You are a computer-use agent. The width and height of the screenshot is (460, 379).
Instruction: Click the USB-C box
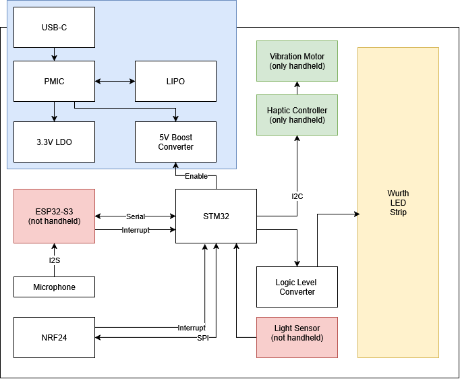click(54, 27)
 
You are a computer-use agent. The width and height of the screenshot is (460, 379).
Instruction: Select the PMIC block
click(54, 81)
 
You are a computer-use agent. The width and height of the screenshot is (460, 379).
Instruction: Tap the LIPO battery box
click(175, 81)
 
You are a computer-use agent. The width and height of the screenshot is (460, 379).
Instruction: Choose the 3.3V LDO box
click(54, 142)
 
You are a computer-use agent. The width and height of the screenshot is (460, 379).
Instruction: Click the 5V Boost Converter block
click(175, 142)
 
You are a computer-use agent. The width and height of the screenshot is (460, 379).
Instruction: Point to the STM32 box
click(216, 216)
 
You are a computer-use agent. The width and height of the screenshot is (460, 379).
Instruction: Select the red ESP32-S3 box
click(54, 216)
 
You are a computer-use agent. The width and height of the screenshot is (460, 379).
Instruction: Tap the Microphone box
click(54, 287)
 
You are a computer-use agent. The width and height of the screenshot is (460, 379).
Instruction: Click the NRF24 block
click(54, 337)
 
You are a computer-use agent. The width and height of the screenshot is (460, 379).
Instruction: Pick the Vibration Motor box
click(297, 61)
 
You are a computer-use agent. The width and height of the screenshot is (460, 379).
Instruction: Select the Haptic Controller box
click(297, 115)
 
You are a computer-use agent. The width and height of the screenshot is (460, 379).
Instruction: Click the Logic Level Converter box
click(297, 287)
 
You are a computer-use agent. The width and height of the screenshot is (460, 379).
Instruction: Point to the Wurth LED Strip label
click(398, 203)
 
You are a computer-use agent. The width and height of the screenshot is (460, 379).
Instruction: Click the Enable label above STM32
click(196, 176)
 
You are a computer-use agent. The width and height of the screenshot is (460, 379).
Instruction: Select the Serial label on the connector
click(136, 216)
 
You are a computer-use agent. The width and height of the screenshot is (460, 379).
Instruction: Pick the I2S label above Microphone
click(55, 260)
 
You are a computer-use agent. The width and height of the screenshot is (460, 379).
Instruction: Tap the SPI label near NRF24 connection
click(202, 338)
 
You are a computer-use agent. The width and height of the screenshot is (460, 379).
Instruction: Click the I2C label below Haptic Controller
click(297, 196)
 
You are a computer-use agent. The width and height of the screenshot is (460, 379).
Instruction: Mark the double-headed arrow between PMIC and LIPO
click(115, 81)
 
